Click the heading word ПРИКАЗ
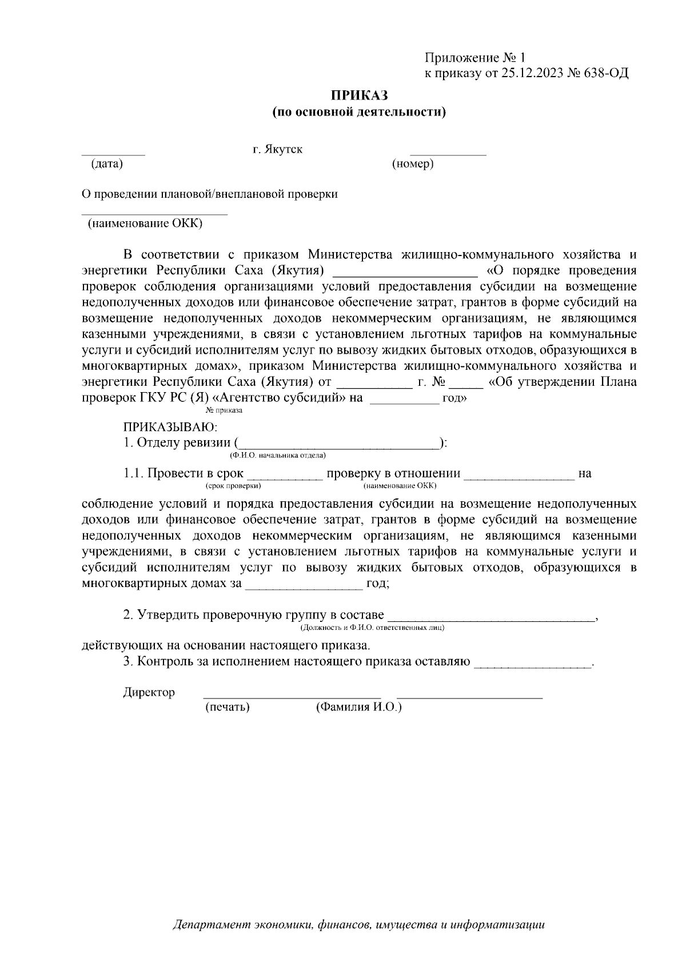[358, 95]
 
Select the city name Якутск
[284, 150]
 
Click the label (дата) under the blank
[107, 165]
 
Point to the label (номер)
[412, 165]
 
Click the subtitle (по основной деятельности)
[358, 112]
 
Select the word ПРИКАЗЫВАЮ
[170, 427]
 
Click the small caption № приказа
[224, 410]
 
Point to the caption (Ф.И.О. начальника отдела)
[278, 456]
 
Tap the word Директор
[149, 692]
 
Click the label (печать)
[228, 707]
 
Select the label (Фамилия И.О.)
[358, 707]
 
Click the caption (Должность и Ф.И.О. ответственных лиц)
[372, 628]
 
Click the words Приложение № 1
[474, 58]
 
